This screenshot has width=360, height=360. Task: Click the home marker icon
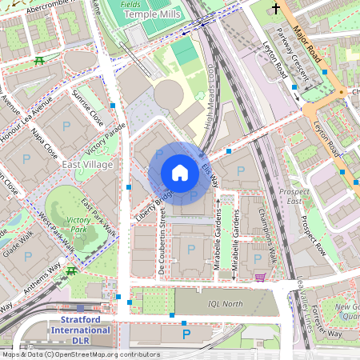(x=180, y=173)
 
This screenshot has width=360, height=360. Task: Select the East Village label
(x=87, y=164)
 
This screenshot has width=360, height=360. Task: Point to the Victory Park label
(x=78, y=224)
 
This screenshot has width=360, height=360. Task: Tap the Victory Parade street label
(x=107, y=141)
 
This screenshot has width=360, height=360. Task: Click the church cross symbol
(x=277, y=10)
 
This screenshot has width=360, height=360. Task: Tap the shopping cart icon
(x=260, y=278)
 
